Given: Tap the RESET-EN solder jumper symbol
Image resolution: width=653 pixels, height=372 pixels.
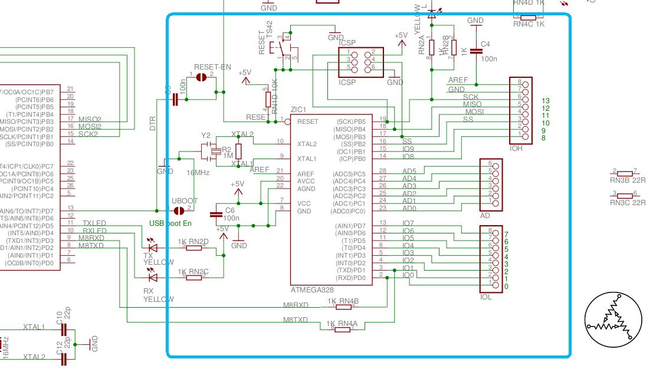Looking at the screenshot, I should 201,77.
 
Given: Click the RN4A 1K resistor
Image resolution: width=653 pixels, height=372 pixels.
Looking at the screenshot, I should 342,330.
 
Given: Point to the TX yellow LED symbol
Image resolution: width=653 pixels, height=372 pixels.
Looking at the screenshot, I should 153,248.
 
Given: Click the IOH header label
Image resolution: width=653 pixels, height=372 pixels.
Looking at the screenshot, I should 516,149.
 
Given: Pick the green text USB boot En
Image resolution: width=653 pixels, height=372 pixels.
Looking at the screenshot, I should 170,223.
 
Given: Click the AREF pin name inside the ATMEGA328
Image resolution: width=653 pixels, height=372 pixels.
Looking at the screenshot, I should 306,174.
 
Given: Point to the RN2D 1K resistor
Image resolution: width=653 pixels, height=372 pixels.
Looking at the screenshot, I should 195,248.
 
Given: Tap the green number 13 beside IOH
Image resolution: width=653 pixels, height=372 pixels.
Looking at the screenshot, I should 546,101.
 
